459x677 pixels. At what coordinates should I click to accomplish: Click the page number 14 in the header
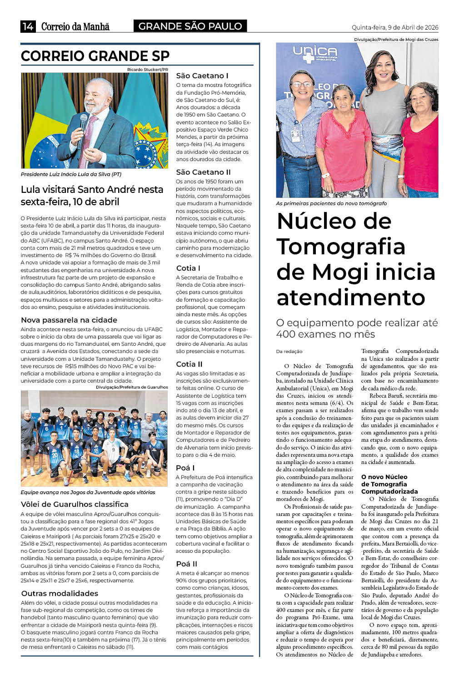pyautogui.click(x=28, y=26)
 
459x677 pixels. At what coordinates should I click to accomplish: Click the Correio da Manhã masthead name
pyautogui.click(x=75, y=26)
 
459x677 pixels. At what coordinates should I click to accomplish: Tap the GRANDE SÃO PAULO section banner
pyautogui.click(x=190, y=26)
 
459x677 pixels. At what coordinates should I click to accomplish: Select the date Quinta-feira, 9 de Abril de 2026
pyautogui.click(x=394, y=27)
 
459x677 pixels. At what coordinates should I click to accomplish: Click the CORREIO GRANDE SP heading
pyautogui.click(x=95, y=56)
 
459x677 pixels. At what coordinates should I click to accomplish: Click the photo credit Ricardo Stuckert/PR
pyautogui.click(x=147, y=70)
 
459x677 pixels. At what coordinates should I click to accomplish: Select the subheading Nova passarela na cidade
pyautogui.click(x=69, y=320)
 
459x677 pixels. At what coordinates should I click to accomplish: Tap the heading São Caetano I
pyautogui.click(x=202, y=76)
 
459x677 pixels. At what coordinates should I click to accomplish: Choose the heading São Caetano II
pyautogui.click(x=203, y=172)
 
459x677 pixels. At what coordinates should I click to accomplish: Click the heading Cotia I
pyautogui.click(x=188, y=268)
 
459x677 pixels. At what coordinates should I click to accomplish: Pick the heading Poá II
pyautogui.click(x=186, y=564)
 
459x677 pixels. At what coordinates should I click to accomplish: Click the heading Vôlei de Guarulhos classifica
pyautogui.click(x=75, y=504)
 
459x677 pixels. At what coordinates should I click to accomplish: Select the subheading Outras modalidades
pyautogui.click(x=60, y=593)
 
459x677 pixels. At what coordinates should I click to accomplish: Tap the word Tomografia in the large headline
pyautogui.click(x=340, y=247)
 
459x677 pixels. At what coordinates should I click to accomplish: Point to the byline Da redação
pyautogui.click(x=289, y=351)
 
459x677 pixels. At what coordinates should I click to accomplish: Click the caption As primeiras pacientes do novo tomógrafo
pyautogui.click(x=331, y=203)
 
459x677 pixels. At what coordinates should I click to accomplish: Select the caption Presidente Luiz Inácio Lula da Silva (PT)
pyautogui.click(x=71, y=174)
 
